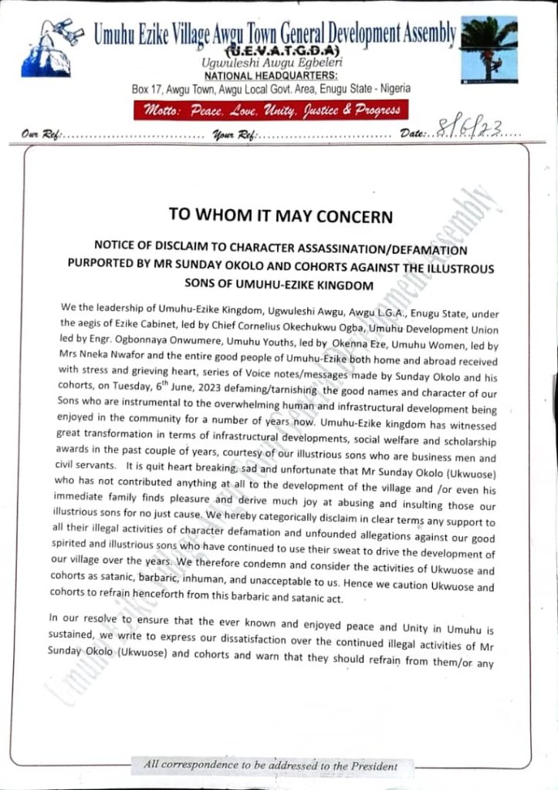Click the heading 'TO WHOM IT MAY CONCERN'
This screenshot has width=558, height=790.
(281, 216)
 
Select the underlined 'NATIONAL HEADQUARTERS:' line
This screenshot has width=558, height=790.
(271, 76)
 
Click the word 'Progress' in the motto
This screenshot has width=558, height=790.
(377, 110)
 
